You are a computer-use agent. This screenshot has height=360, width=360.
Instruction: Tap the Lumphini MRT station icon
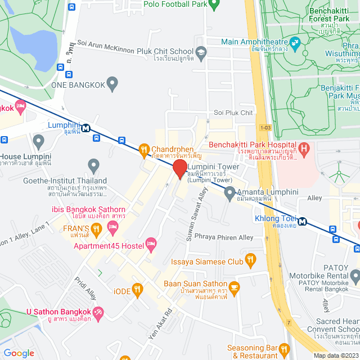pos(85,128)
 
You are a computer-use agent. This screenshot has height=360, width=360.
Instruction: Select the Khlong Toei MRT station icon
pos(303,221)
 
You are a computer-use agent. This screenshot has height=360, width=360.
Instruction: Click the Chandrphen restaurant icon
pos(144,149)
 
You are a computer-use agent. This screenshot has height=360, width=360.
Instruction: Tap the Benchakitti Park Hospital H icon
pos(304,149)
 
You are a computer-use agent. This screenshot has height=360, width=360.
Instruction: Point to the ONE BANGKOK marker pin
pos(112,84)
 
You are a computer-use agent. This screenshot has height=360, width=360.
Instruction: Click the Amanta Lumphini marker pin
pos(229,193)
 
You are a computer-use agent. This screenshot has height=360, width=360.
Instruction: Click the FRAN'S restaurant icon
pos(96,228)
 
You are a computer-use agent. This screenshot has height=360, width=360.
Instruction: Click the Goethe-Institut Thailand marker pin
pos(93,166)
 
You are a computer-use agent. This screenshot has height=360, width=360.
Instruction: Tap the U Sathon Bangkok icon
pos(98,312)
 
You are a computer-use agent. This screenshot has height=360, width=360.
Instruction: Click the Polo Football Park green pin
pos(213,5)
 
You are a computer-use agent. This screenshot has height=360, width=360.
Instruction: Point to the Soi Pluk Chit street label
pos(233,113)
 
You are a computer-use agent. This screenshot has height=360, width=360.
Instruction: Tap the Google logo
pos(19,353)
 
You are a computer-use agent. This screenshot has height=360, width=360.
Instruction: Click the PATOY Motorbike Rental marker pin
pos(355,276)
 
